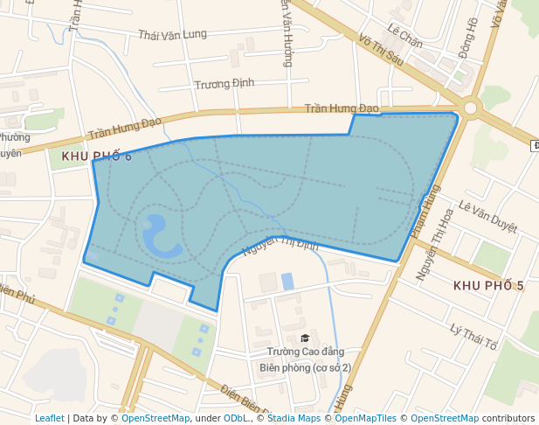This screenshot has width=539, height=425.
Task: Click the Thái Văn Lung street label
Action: click(x=172, y=35)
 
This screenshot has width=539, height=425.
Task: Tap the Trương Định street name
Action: click(x=225, y=83)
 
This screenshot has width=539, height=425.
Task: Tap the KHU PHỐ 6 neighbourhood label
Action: click(x=97, y=157)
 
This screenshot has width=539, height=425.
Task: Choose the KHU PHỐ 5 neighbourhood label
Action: click(x=488, y=286)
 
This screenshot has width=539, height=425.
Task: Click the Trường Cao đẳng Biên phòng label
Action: click(x=305, y=359)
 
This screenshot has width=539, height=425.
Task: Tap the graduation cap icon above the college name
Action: click(x=305, y=338)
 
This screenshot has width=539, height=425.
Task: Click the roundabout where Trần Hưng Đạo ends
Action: click(x=472, y=108)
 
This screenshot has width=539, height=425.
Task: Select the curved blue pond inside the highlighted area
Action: click(x=157, y=236)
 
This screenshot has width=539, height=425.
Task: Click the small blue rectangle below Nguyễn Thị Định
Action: click(x=287, y=281)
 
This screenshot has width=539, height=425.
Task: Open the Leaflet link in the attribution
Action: click(x=49, y=418)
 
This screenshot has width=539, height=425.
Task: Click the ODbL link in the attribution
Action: click(x=235, y=418)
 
